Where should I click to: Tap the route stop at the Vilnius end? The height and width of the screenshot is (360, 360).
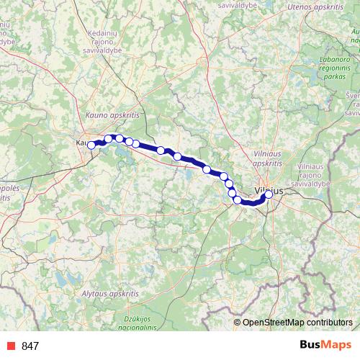269,194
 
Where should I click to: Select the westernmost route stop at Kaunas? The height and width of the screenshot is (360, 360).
91,145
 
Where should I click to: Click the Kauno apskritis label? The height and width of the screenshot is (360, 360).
112,114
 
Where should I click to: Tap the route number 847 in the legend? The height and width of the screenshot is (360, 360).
30,346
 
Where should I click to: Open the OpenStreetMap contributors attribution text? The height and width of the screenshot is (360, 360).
297,323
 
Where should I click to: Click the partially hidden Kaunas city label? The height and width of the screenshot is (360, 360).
81,143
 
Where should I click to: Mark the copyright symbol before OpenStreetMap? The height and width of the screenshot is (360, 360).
238,323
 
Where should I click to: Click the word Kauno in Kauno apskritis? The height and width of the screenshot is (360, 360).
96,114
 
